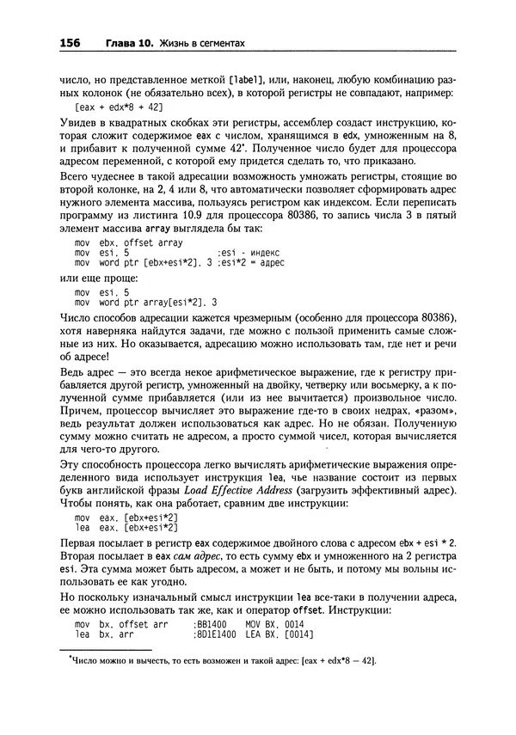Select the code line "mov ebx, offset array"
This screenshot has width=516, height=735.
[128, 243]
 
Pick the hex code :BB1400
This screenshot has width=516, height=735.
[211, 624]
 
